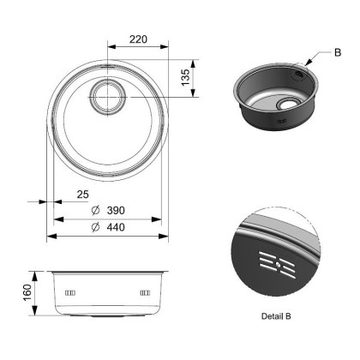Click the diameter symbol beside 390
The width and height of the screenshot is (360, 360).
[96, 211]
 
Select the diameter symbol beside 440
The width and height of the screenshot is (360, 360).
[96, 226]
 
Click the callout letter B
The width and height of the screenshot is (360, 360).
[337, 53]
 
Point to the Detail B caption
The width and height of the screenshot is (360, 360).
[273, 315]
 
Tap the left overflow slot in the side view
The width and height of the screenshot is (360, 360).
[69, 293]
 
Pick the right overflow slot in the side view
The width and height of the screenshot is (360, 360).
[144, 293]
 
